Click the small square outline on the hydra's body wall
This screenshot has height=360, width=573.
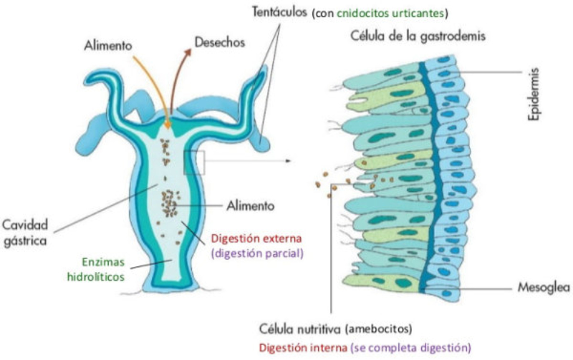[x=194, y=162]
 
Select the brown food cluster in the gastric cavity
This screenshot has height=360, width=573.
[x=170, y=203]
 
